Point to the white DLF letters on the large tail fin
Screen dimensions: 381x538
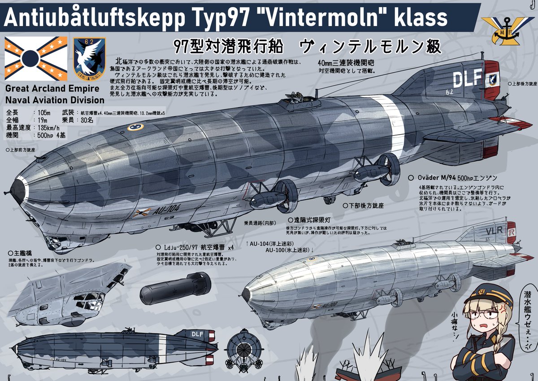[x=466, y=79]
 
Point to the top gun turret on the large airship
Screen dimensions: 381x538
[x=298, y=101]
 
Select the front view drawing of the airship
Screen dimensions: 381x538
[x=245, y=350]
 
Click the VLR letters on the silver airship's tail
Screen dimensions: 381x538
[x=493, y=232]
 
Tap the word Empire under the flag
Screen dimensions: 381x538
[x=86, y=89]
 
